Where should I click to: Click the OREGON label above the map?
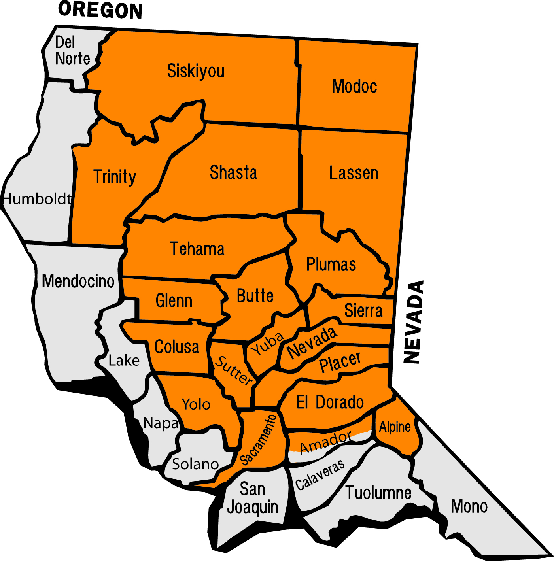coord(100,10)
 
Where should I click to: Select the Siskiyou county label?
coord(196,71)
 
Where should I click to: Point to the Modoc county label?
coord(354,86)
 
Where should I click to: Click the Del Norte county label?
coord(72,51)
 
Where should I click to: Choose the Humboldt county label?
coord(38,199)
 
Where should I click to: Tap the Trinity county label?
coord(115,176)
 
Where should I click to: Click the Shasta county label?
coord(233,173)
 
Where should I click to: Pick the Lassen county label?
coord(354,173)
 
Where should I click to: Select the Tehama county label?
coord(197,249)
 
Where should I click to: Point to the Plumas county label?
coord(331,264)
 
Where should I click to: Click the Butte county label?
coord(255,296)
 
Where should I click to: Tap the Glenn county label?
coord(174,300)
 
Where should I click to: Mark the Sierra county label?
coord(363,311)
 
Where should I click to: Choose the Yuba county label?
coord(268,343)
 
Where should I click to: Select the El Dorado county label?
coord(330,402)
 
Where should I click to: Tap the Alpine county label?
coord(395,427)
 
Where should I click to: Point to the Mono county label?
coord(469,506)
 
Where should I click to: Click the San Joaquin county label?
coord(253,498)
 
